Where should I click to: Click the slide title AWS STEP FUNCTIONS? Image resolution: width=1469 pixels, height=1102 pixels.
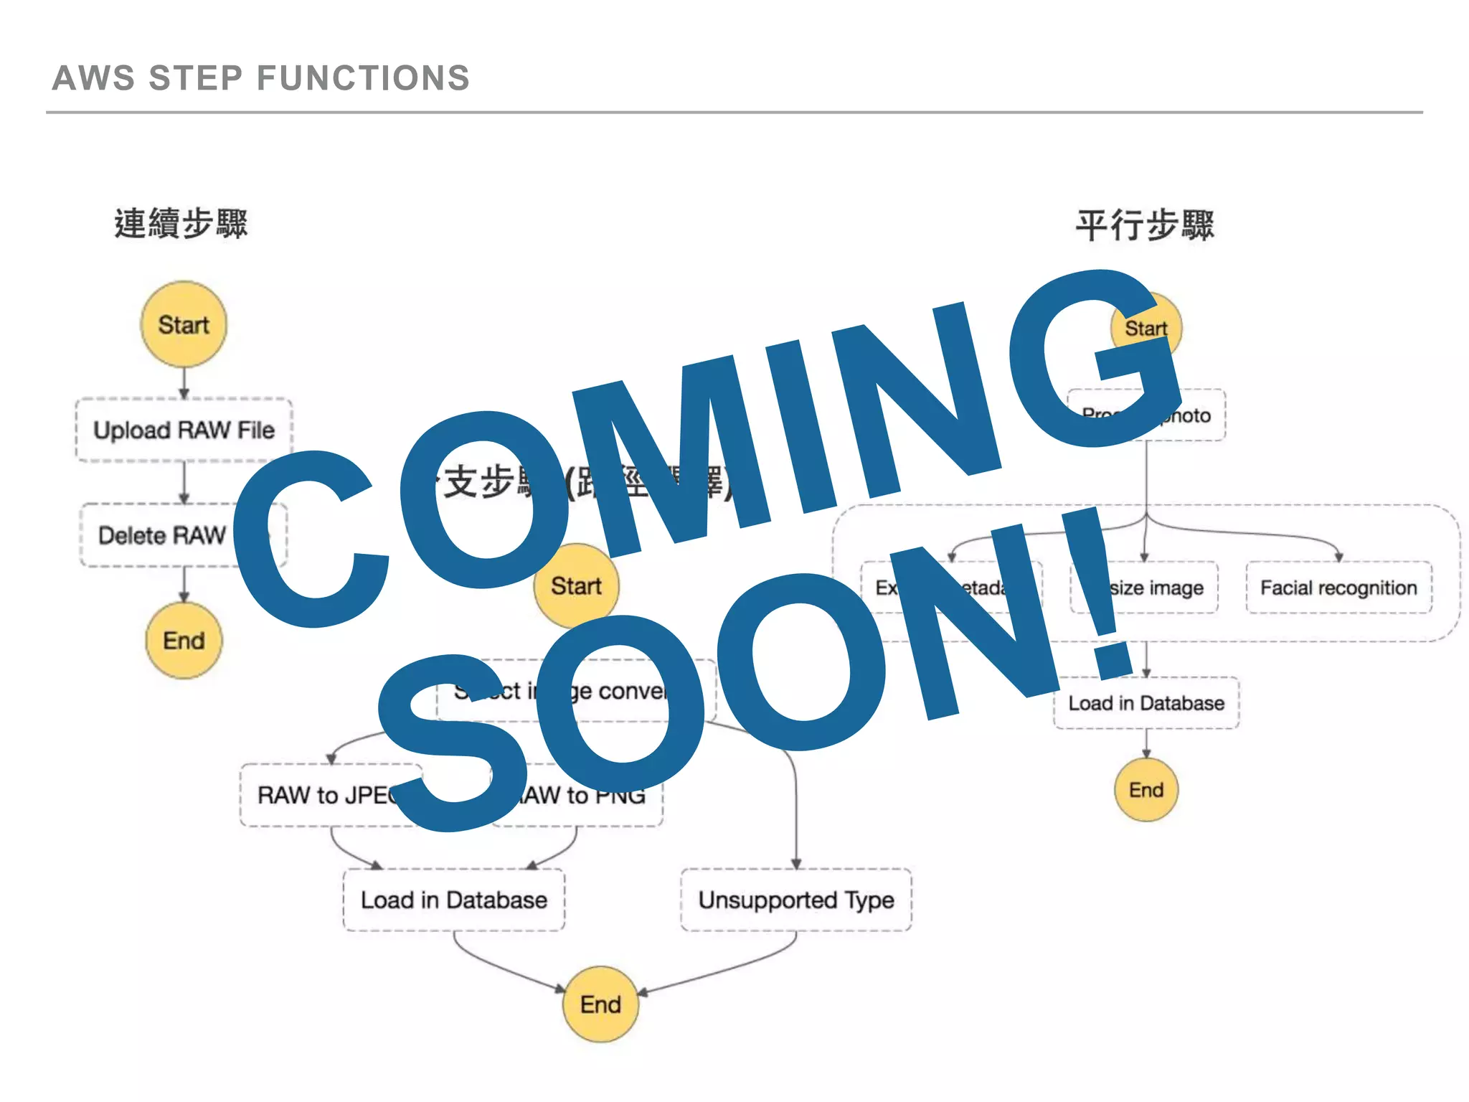coord(260,77)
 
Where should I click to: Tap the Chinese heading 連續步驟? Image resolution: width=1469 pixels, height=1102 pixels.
coord(181,223)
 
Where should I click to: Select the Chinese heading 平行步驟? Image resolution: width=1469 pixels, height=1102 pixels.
coord(1144,225)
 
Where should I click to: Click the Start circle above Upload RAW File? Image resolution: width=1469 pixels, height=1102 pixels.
coord(184,324)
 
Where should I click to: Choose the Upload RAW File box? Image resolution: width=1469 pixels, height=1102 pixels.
coord(184,430)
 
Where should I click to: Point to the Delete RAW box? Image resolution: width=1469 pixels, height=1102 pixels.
coord(161,535)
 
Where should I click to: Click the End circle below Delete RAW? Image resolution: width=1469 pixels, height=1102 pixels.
coord(184,640)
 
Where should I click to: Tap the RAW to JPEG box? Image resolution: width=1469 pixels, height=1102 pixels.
coord(323,795)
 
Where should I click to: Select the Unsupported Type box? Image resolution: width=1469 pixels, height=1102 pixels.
coord(796,900)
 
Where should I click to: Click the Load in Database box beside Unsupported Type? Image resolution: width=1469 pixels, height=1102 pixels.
coord(453,900)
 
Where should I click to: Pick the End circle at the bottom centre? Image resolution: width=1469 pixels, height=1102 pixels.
coord(600,1004)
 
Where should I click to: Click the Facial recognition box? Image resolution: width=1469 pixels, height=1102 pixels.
coord(1338,588)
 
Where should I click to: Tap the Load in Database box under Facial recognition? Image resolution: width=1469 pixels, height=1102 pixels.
coord(1146,703)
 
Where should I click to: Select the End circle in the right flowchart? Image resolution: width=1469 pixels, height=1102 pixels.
coord(1146,790)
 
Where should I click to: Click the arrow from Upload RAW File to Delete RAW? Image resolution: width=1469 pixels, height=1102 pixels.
coord(184,482)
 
